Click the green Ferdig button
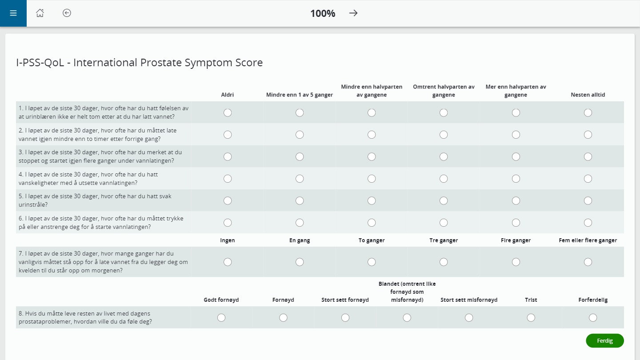(604, 340)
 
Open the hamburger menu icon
(13, 13)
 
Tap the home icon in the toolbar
(40, 13)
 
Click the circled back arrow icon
(67, 13)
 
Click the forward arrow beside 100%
(353, 13)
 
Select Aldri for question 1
(228, 113)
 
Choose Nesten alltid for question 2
(588, 135)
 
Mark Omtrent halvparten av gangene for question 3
(444, 156)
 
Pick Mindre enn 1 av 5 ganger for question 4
(300, 179)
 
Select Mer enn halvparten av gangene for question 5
(516, 200)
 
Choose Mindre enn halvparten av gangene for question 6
(372, 223)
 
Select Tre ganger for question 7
(444, 262)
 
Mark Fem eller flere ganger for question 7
(588, 262)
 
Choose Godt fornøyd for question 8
(221, 318)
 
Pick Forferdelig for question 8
(593, 318)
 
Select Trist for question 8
(531, 318)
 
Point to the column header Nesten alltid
(588, 95)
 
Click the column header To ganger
(372, 240)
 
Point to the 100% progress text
(323, 13)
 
